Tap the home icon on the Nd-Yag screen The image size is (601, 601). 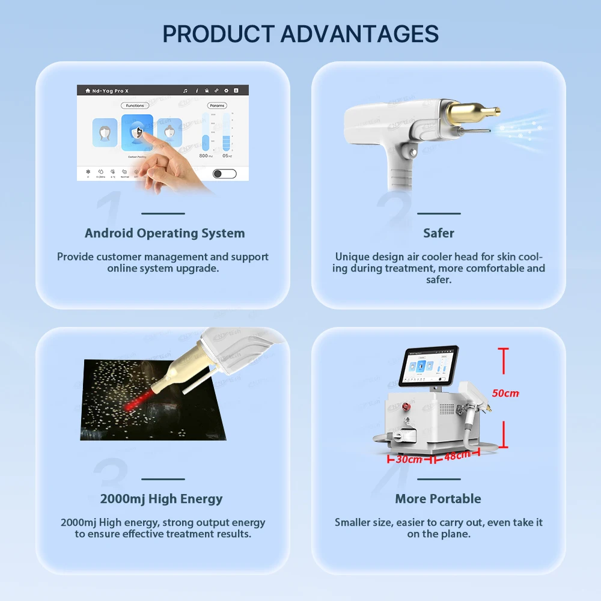click(88, 91)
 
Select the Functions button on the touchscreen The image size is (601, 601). click(135, 106)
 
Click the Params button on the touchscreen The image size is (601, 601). click(217, 106)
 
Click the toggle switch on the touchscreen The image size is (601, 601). click(225, 174)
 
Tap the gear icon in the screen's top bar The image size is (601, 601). click(226, 91)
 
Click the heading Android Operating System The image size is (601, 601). click(165, 233)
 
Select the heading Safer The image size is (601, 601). click(439, 233)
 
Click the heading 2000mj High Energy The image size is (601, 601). click(161, 499)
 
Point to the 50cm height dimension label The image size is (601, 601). click(505, 393)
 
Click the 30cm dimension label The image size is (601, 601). click(409, 459)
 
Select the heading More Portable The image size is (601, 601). click(438, 499)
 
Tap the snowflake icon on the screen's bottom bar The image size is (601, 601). click(88, 171)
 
